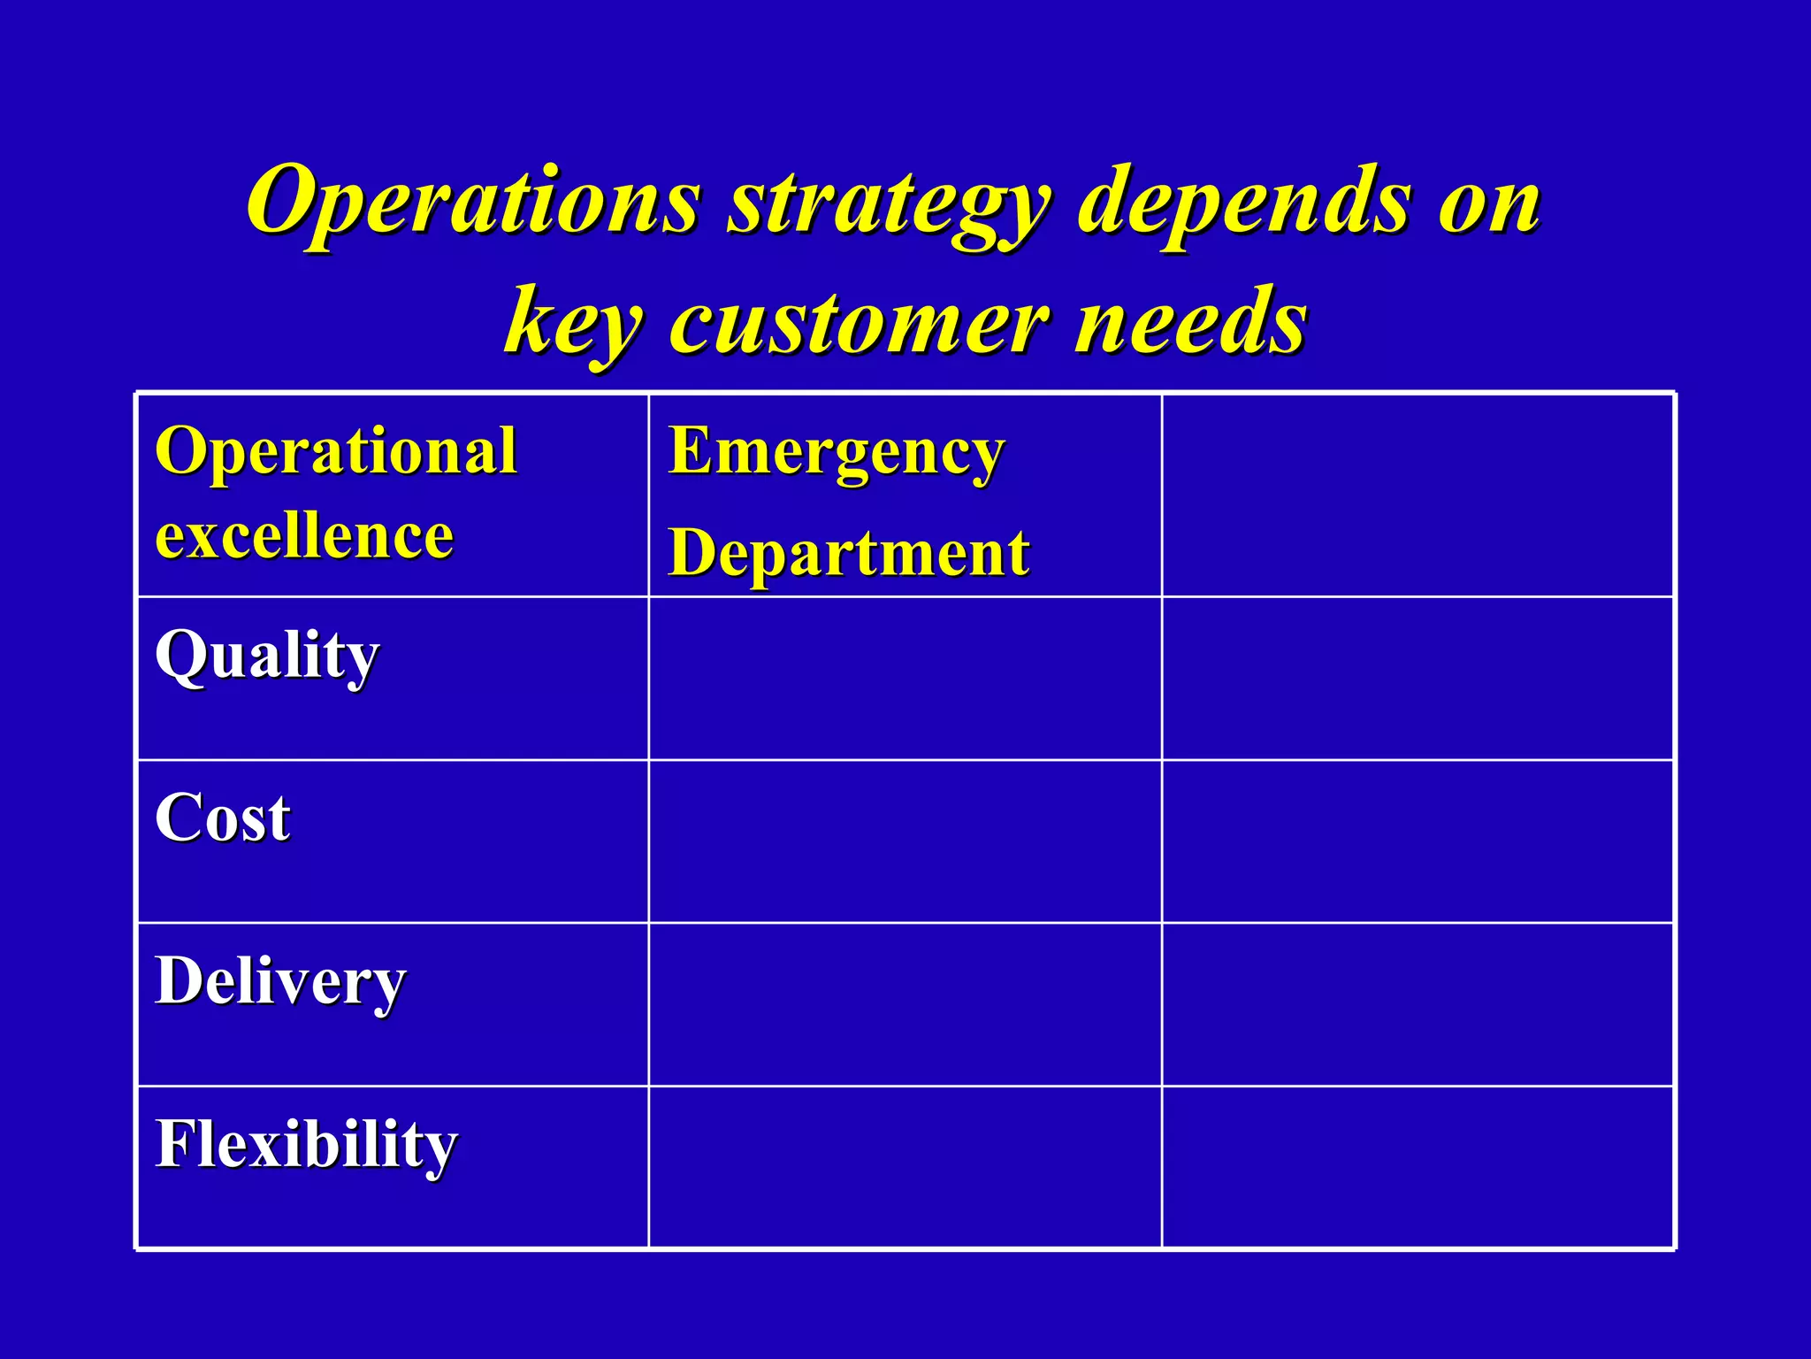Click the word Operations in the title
point(474,202)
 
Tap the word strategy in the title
point(888,205)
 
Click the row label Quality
point(266,656)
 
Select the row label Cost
point(222,818)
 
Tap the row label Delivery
point(279,982)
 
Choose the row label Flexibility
point(306,1145)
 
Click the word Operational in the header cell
point(335,451)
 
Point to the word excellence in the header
point(304,536)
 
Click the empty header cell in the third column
point(1417,495)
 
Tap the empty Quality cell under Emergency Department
point(905,679)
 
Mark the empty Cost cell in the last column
point(1417,841)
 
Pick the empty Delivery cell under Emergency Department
point(905,1004)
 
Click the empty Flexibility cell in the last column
point(1417,1167)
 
